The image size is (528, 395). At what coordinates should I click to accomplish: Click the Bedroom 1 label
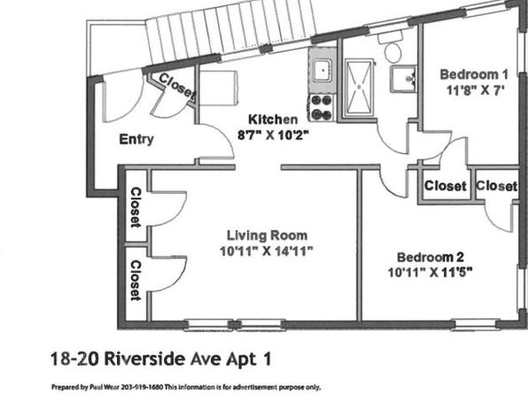474,74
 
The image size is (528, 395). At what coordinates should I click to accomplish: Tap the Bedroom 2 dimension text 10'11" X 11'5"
430,272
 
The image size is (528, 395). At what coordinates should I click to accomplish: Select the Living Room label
267,236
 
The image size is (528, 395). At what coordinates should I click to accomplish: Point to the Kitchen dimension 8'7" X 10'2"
273,135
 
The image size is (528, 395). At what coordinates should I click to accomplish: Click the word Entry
136,139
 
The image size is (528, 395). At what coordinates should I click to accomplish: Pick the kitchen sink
322,70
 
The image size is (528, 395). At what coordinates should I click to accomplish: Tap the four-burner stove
321,108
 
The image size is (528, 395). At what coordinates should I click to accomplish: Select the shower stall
360,89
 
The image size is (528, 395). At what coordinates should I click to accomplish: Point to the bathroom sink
403,79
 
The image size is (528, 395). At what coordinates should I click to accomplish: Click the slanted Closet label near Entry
177,86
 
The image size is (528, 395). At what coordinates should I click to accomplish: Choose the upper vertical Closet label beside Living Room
136,207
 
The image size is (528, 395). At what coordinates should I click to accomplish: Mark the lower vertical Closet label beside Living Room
136,280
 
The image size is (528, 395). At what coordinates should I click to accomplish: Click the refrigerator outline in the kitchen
219,88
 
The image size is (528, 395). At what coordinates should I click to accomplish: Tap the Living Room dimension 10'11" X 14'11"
267,252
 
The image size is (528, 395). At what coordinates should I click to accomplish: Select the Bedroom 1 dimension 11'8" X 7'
475,90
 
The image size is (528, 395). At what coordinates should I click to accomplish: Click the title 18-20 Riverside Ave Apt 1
161,359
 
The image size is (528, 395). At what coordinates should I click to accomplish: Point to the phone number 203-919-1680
142,387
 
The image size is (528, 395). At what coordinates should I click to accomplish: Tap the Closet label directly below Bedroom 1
445,186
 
